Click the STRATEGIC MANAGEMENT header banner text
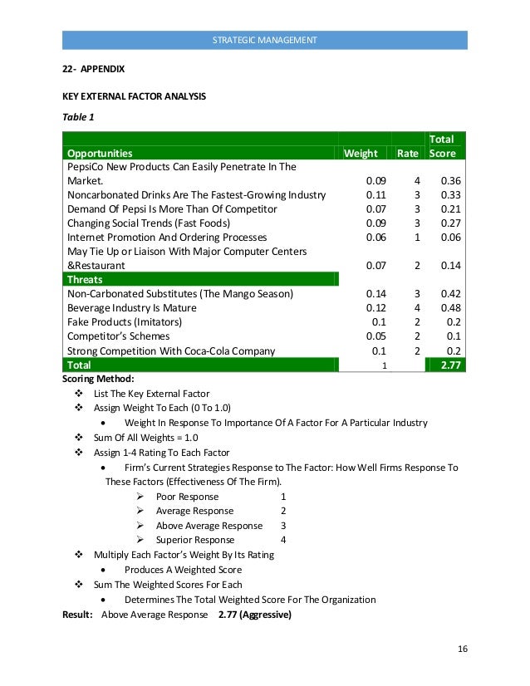click(264, 40)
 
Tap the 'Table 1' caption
click(79, 117)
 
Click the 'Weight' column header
click(361, 153)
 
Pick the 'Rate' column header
click(407, 153)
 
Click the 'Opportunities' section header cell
click(100, 153)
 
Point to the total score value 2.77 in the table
click(449, 364)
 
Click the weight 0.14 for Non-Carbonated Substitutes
click(376, 293)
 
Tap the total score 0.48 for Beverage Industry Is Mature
click(450, 307)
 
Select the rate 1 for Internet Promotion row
click(417, 237)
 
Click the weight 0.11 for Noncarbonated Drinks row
click(376, 194)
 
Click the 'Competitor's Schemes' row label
click(119, 336)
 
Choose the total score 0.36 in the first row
click(450, 180)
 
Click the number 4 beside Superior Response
click(283, 540)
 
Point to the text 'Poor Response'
click(187, 497)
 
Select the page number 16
click(463, 648)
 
